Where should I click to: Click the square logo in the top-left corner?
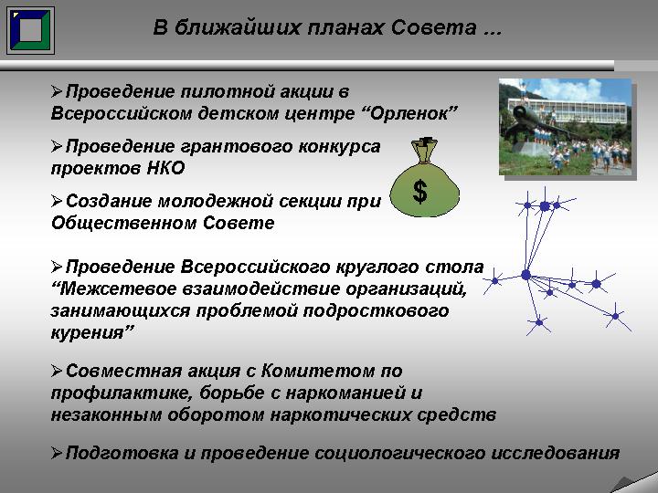click(x=30, y=30)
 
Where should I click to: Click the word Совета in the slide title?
click(x=434, y=27)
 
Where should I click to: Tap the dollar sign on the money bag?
click(x=420, y=192)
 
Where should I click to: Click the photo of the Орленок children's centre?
click(x=566, y=127)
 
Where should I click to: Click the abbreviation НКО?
click(x=165, y=168)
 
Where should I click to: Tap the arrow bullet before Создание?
click(x=57, y=201)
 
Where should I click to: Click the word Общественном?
click(x=124, y=223)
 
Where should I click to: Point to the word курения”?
click(x=92, y=333)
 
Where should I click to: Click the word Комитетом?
click(x=318, y=371)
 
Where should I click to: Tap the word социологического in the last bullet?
click(x=399, y=454)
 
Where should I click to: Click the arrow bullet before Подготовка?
click(x=57, y=453)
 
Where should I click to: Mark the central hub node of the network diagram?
click(x=525, y=275)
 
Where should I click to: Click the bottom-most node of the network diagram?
click(x=539, y=322)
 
